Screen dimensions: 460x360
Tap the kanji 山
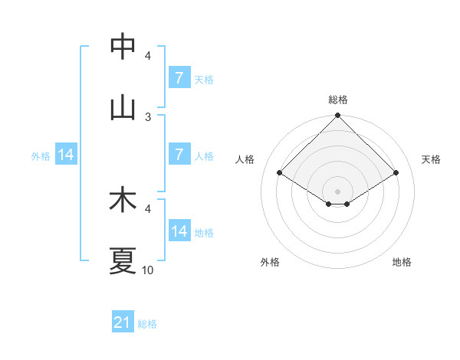[x=123, y=107]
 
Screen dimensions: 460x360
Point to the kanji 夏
[x=123, y=260]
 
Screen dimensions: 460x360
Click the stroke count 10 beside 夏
[x=148, y=270]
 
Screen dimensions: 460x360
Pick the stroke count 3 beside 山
[x=148, y=116]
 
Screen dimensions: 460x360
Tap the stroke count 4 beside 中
[x=148, y=55]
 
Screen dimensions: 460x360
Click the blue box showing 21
[x=123, y=323]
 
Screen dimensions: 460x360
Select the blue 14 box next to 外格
[x=66, y=155]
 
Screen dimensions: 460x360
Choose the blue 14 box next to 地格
[x=179, y=231]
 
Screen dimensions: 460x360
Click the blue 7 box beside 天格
[x=179, y=78]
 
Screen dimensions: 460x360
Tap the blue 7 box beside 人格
[x=179, y=155]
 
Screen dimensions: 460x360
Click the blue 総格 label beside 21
[x=147, y=324]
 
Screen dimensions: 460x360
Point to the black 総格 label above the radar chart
[x=338, y=100]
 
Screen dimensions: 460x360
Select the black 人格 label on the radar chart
[x=245, y=159]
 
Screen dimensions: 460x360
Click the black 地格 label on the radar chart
[x=402, y=262]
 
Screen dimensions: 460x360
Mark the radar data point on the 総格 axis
[x=338, y=116]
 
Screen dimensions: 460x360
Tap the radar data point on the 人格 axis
[x=280, y=172]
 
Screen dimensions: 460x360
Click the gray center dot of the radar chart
[x=338, y=191]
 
